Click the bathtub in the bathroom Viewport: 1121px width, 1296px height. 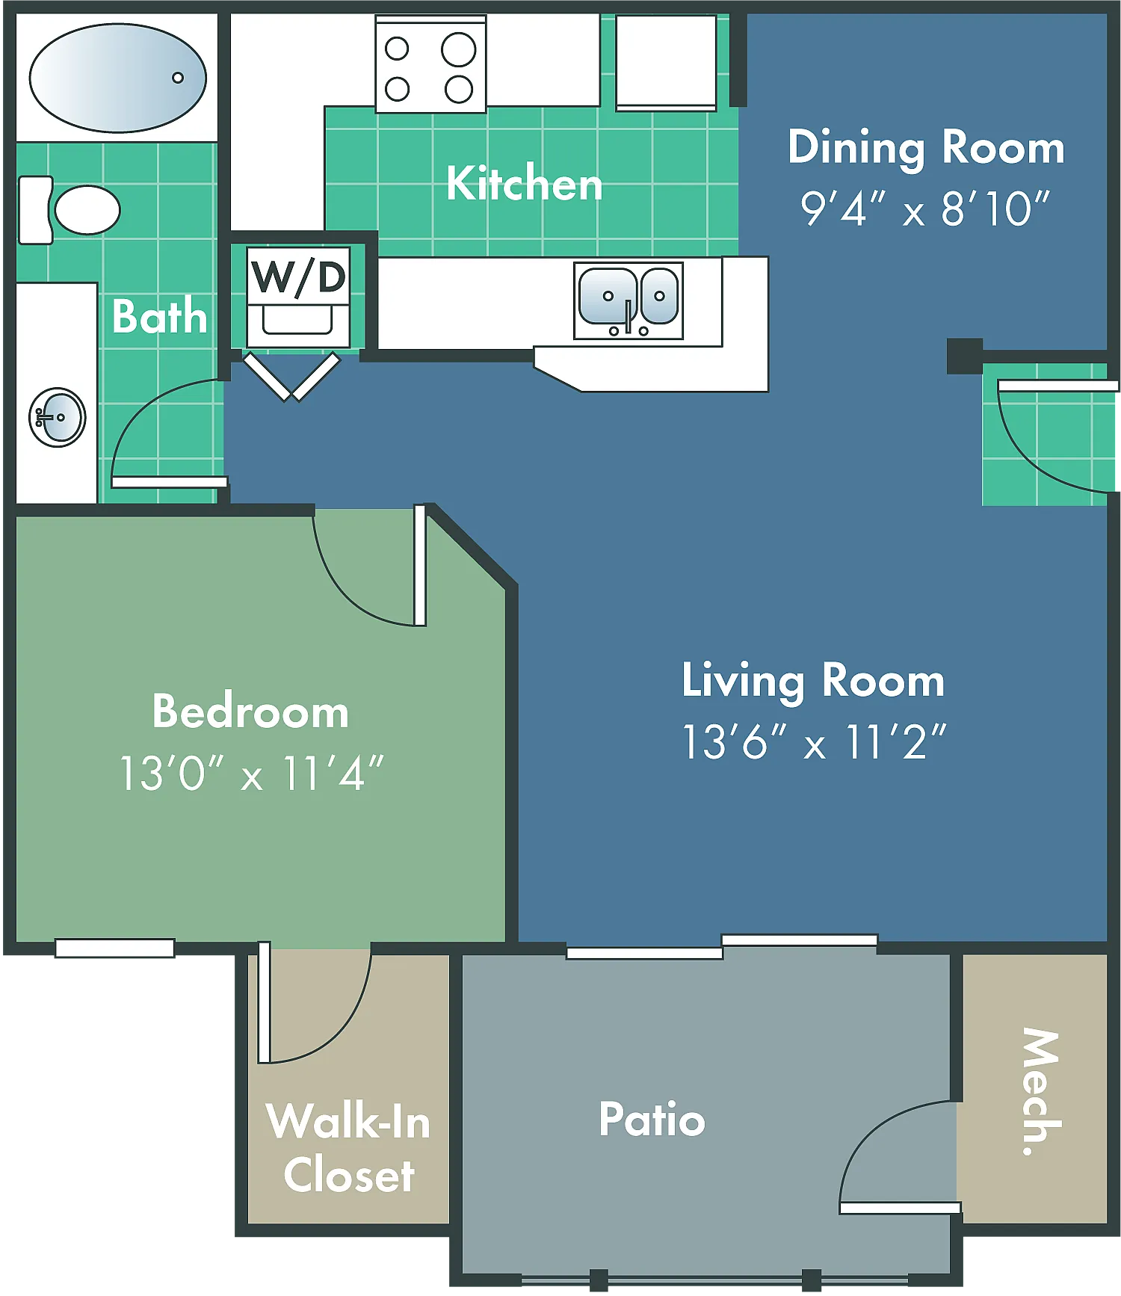117,78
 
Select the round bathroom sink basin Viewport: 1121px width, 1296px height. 58,417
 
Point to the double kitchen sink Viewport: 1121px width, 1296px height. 629,300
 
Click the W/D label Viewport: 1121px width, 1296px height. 299,277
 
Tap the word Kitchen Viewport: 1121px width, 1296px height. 525,183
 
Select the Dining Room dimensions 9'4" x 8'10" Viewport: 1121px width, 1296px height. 925,209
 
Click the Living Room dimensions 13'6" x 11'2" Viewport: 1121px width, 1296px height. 815,742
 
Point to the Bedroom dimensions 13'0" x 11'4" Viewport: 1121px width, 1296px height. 251,773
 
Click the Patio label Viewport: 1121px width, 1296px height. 652,1119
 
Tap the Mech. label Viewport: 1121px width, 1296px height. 1041,1092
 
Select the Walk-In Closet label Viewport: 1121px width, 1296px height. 348,1148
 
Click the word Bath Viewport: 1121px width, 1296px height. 159,316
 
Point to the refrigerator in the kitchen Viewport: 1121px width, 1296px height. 666,63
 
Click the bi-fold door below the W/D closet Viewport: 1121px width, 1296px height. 291,377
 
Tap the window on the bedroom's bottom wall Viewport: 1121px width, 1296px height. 115,948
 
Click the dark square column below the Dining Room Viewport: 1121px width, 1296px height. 965,356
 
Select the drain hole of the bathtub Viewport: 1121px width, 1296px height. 178,78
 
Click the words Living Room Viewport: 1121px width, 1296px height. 813,681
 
